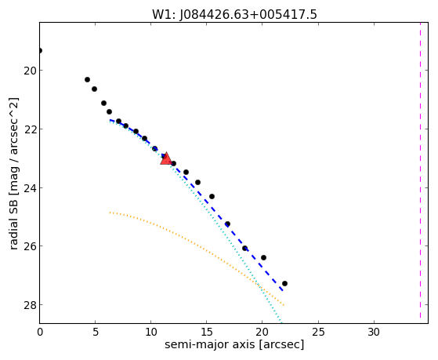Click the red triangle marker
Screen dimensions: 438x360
click(x=166, y=158)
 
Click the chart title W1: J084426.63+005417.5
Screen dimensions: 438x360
click(x=234, y=15)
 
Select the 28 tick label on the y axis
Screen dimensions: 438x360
click(x=31, y=304)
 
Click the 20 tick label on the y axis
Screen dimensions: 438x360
click(x=31, y=71)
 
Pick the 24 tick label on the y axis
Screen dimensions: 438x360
click(x=31, y=187)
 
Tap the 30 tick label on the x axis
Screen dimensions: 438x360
click(x=374, y=332)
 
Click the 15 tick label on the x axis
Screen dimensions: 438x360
click(x=206, y=332)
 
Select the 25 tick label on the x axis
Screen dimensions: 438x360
click(x=318, y=332)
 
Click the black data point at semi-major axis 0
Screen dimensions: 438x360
click(x=40, y=51)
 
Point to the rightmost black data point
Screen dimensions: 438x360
click(x=284, y=284)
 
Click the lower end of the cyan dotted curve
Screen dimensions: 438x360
click(x=281, y=322)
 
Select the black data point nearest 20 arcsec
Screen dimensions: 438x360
click(x=263, y=257)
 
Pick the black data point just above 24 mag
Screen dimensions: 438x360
click(x=197, y=183)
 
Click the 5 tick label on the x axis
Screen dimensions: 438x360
click(x=96, y=332)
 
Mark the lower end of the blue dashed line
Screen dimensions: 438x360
click(x=283, y=291)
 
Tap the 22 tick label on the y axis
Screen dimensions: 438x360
click(x=31, y=129)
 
